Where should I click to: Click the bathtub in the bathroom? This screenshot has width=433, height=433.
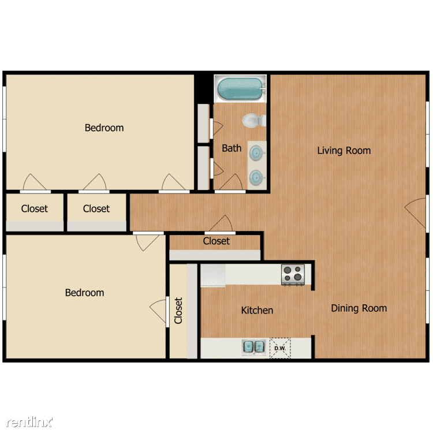pos(240,88)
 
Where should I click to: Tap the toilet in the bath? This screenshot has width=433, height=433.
pos(255,121)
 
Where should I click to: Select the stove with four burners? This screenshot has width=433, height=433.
pos(293,274)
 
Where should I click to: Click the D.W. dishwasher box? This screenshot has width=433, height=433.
pos(280,348)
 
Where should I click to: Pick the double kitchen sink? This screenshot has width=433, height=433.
pos(254,347)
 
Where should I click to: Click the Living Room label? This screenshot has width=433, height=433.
pos(344,151)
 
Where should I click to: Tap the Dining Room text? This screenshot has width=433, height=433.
pos(359,308)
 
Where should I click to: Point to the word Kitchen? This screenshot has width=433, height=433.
pos(257,310)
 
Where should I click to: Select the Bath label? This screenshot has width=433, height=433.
pos(232,148)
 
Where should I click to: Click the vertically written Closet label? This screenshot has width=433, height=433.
pos(178,311)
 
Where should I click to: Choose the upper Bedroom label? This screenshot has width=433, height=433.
pos(104,128)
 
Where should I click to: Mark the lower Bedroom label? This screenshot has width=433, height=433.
pos(84,293)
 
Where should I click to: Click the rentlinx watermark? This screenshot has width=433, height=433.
pos(29,421)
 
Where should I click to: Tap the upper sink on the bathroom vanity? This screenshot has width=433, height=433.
pos(257,153)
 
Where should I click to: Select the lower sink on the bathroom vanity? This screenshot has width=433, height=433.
pos(257,178)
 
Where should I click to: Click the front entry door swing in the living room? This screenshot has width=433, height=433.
pos(415,213)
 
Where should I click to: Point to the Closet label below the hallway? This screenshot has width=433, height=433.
pos(216,241)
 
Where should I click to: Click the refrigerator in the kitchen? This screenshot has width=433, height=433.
pos(213,275)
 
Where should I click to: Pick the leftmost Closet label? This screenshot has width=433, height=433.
pos(35,208)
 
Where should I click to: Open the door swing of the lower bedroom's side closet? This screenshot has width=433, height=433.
pos(158,311)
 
